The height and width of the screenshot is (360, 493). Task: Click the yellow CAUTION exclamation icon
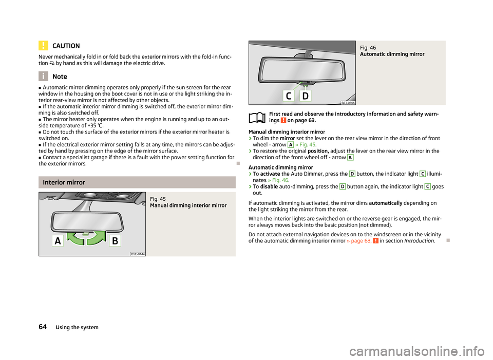point(43,46)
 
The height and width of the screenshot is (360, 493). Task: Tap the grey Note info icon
point(43,76)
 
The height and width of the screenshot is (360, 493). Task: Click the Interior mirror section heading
point(64,182)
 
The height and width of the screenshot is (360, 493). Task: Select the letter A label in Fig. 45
point(58,241)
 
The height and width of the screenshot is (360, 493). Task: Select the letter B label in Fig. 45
point(115,241)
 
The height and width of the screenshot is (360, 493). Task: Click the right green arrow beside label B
point(97,238)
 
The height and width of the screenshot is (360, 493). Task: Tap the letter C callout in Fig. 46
point(289,96)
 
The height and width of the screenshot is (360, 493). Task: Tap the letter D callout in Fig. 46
point(305,96)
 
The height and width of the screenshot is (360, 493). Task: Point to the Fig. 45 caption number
point(158,199)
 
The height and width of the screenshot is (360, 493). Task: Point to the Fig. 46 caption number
point(368,48)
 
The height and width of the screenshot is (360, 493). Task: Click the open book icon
point(257,118)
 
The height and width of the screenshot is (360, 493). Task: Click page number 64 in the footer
point(43,327)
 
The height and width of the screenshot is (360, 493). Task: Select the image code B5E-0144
point(138,254)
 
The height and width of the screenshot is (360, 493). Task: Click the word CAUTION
point(66,46)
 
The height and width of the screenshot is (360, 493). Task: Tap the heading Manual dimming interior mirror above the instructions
point(287,132)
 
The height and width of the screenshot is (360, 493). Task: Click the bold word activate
point(270,174)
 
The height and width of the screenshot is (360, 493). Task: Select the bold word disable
point(269,186)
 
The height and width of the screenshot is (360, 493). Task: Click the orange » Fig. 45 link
point(305,145)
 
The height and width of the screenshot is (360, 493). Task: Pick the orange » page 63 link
point(359,241)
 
